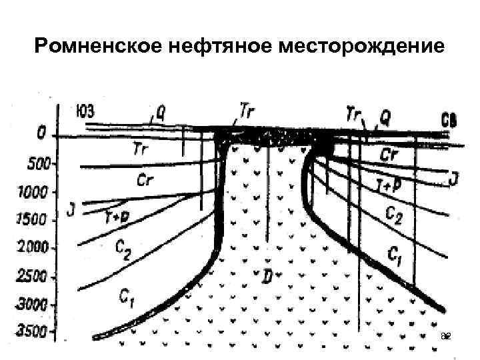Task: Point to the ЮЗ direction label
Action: coord(85,111)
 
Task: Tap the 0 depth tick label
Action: coord(41,135)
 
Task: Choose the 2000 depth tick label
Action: coord(31,247)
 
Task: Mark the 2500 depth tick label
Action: coord(31,275)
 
